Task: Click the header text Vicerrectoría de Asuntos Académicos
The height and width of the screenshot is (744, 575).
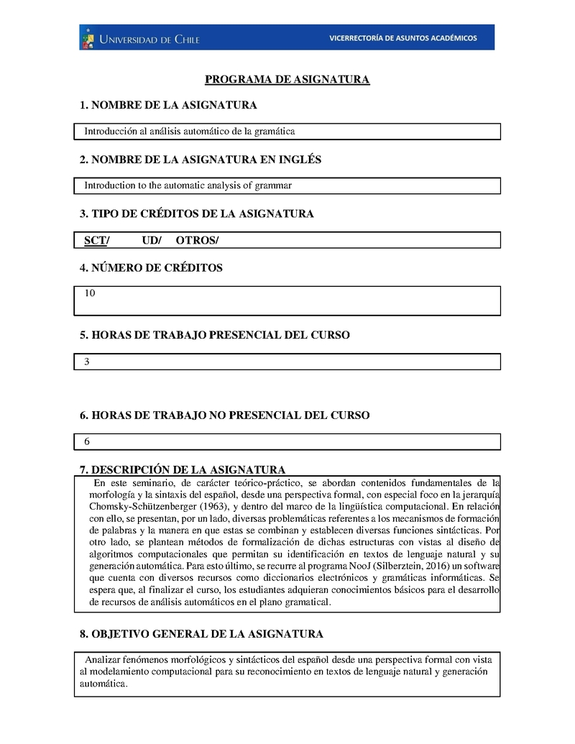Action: click(402, 38)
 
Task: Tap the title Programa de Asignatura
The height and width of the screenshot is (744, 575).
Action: click(287, 79)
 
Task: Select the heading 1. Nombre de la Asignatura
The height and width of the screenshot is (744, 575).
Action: click(168, 106)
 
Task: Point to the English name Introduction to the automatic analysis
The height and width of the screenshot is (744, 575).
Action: click(188, 185)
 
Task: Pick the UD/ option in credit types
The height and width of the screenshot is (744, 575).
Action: click(152, 240)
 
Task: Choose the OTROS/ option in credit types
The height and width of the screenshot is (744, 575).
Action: click(198, 240)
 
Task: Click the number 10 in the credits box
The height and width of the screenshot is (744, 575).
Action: click(90, 293)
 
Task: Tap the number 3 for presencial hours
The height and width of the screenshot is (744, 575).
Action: click(87, 362)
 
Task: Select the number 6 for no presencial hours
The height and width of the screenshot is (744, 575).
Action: click(87, 441)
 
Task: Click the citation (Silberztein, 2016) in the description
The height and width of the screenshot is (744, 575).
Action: click(388, 566)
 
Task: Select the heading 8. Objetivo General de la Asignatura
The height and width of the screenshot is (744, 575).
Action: click(201, 634)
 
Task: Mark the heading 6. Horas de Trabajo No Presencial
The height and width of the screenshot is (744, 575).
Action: click(224, 415)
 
